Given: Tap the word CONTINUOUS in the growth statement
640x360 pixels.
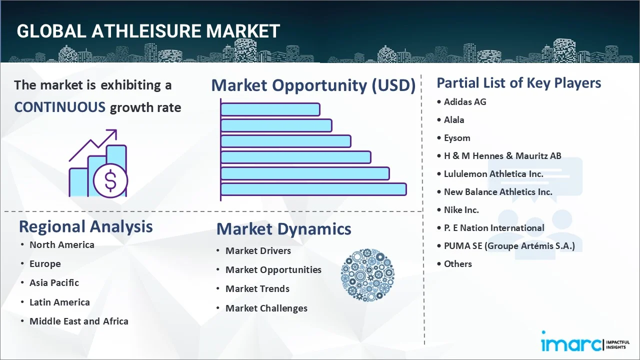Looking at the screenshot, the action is (60, 107).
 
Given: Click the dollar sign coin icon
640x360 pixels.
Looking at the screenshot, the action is (110, 180).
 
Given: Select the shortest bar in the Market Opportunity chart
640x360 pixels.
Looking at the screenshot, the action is (270, 109).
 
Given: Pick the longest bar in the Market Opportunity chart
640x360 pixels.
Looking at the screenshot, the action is (313, 189).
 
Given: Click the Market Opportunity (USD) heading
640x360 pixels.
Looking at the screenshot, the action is (313, 85).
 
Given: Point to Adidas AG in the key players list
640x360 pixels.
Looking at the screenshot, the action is (465, 102).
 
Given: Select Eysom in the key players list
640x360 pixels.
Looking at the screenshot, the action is (457, 138).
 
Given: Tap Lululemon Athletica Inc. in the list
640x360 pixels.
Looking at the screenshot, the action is (493, 174).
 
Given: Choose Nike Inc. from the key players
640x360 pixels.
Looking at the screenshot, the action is (461, 210).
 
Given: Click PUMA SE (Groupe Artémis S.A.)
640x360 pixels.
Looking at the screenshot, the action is (509, 246).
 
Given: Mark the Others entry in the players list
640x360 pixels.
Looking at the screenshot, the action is (457, 264).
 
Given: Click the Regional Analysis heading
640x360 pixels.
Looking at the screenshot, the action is (85, 227).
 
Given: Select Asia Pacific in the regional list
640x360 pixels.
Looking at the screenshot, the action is (54, 283).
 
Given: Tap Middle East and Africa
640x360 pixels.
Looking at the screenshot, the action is (79, 321).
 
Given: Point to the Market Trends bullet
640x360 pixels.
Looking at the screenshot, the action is (257, 289).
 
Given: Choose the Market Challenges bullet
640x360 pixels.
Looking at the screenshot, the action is (266, 308).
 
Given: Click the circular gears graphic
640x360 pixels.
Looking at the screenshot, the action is (367, 275).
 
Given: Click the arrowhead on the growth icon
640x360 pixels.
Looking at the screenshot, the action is (113, 133).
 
